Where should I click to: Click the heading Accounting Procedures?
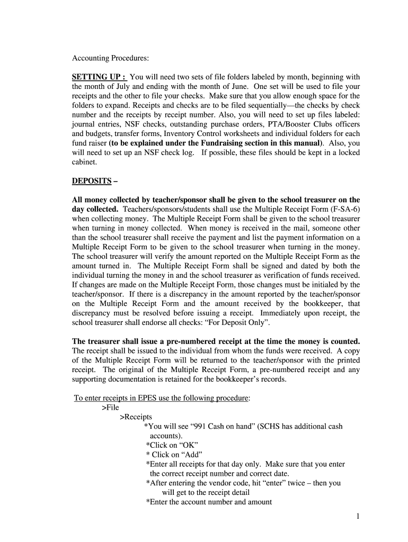pyautogui.click(x=110, y=58)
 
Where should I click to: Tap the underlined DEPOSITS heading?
pyautogui.click(x=92, y=181)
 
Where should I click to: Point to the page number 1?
pyautogui.click(x=359, y=516)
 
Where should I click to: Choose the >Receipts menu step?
pyautogui.click(x=136, y=417)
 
